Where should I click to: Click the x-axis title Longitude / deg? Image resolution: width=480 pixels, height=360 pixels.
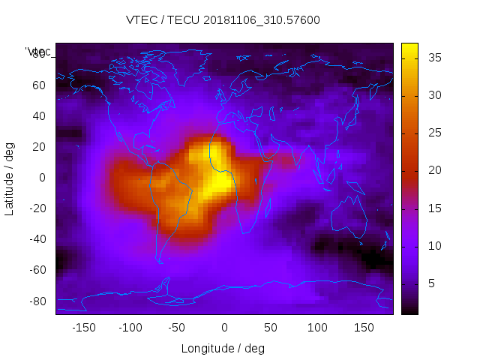pos(223,348)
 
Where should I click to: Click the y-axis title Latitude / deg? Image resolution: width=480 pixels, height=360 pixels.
pos(10,177)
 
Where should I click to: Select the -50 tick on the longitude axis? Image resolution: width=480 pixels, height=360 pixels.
pos(177,328)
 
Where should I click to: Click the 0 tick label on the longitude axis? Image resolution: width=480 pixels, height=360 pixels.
pos(224,328)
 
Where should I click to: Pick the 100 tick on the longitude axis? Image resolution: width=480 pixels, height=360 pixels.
pos(318,328)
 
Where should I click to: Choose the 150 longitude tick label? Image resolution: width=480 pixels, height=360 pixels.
pos(364,328)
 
